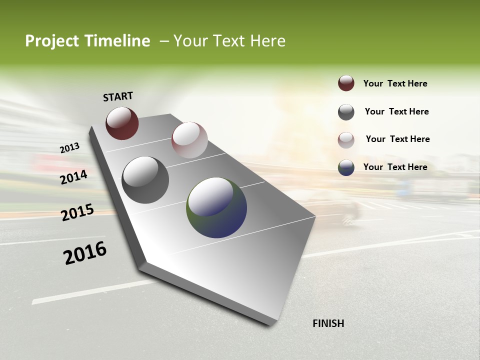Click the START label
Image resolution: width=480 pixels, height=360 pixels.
[118, 96]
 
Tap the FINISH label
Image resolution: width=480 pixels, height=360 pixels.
[328, 323]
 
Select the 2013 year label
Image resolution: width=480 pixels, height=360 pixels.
[69, 148]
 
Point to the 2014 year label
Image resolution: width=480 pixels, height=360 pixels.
[73, 177]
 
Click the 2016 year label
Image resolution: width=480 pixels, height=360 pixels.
[85, 253]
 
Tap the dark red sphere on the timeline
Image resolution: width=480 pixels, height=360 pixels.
[122, 123]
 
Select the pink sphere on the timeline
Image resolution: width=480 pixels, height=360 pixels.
[189, 140]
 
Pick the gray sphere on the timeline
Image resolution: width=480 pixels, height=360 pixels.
[145, 180]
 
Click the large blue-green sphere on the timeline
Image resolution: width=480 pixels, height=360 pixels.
[216, 207]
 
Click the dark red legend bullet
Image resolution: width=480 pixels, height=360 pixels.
[346, 83]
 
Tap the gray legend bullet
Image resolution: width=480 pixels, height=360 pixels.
[346, 112]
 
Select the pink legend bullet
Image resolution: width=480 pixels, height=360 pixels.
[346, 140]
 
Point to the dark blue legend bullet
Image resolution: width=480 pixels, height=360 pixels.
[346, 167]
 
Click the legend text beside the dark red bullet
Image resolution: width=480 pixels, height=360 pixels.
[395, 83]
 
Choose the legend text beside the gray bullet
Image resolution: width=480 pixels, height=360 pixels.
[396, 111]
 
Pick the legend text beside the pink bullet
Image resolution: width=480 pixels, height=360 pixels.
[397, 139]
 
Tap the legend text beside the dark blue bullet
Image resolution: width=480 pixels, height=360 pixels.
[395, 167]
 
